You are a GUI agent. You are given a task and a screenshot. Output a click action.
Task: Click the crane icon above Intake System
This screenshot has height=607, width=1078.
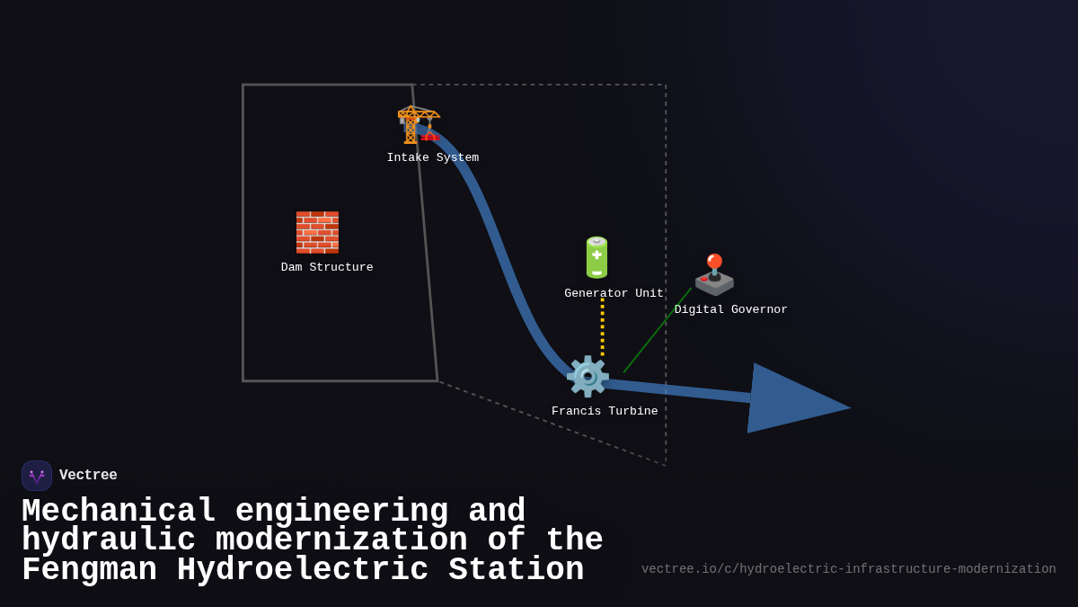click(x=418, y=124)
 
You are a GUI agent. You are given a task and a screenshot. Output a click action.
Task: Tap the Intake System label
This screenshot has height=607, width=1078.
click(x=433, y=158)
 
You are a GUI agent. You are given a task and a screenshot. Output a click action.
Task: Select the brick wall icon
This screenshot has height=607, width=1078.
click(x=317, y=232)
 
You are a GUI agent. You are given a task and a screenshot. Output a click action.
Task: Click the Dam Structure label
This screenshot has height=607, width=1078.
click(x=327, y=268)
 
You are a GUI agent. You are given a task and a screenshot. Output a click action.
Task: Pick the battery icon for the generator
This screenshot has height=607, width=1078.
click(x=596, y=258)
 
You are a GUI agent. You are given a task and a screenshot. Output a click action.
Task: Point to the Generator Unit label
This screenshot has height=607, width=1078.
click(x=614, y=294)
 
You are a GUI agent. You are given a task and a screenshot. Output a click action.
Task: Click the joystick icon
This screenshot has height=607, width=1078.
click(x=714, y=275)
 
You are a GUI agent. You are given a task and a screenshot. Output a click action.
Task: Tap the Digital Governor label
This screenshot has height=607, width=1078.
click(x=730, y=310)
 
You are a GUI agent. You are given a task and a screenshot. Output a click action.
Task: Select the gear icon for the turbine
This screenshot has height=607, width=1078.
click(x=587, y=377)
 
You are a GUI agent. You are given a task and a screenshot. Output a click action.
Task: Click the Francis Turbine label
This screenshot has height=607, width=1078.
click(x=605, y=412)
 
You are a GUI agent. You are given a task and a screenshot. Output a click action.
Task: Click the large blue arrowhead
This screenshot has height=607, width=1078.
click(x=791, y=399)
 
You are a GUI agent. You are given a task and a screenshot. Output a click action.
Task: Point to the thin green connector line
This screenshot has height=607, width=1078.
click(x=658, y=330)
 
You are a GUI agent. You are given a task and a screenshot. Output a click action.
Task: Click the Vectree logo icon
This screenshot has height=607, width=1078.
click(x=37, y=476)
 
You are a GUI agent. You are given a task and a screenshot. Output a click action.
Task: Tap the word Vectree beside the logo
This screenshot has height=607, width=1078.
click(x=88, y=476)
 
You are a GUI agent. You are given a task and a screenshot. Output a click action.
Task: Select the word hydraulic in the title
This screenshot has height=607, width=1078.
click(x=108, y=541)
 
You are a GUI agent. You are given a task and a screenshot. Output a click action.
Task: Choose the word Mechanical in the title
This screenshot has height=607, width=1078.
click(x=119, y=512)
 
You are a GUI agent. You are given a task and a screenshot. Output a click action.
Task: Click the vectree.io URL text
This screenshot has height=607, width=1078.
click(x=848, y=569)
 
